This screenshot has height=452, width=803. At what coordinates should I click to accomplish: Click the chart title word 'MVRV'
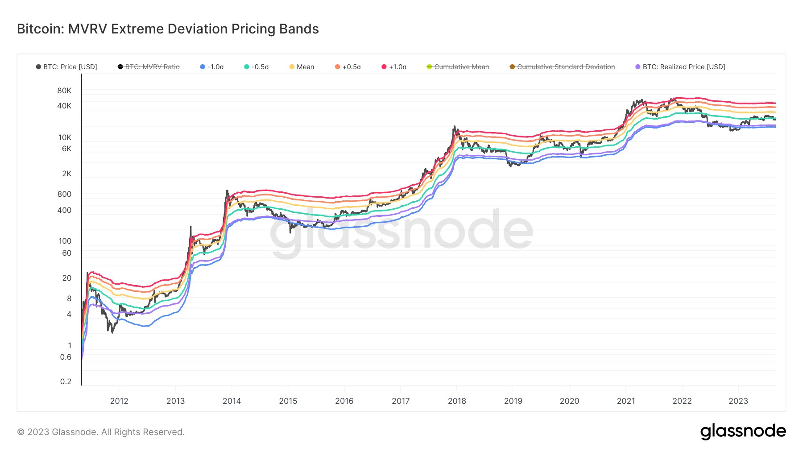coord(87,29)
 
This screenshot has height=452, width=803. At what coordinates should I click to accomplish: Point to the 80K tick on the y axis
coord(64,91)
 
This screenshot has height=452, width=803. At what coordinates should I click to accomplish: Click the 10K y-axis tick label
coord(65,137)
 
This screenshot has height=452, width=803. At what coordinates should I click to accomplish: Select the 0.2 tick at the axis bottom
coord(66,382)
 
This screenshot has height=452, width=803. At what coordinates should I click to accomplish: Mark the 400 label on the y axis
coord(64,210)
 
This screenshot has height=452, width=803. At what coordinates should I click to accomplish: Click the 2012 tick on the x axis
coord(119,401)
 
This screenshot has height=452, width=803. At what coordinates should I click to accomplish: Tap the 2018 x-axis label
coord(457,401)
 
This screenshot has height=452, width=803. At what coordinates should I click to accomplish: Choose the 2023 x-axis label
coord(738,401)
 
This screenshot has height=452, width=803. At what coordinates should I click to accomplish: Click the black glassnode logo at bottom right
coord(743,431)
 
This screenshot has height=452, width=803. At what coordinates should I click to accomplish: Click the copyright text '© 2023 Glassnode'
coord(57,432)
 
